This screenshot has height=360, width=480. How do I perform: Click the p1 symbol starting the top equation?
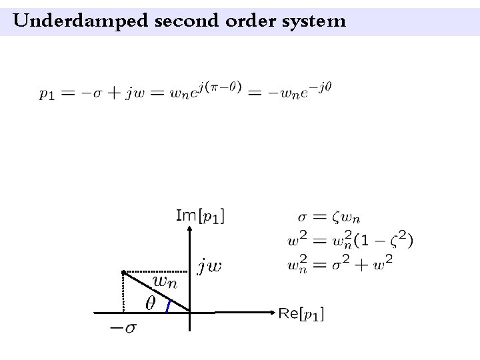pos(46,94)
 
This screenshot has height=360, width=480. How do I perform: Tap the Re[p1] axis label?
pos(301,313)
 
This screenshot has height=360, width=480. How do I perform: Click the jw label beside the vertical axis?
pos(211,266)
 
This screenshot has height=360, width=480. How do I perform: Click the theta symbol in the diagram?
pos(150,303)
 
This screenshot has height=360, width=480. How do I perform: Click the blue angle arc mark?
pos(168,305)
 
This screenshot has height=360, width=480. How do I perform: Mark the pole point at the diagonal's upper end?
pos(124,272)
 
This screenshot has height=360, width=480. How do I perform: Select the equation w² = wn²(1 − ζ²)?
pos(349,239)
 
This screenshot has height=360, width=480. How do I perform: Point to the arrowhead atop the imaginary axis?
pos(191,227)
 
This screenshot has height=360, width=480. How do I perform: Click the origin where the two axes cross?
pos(191,311)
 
